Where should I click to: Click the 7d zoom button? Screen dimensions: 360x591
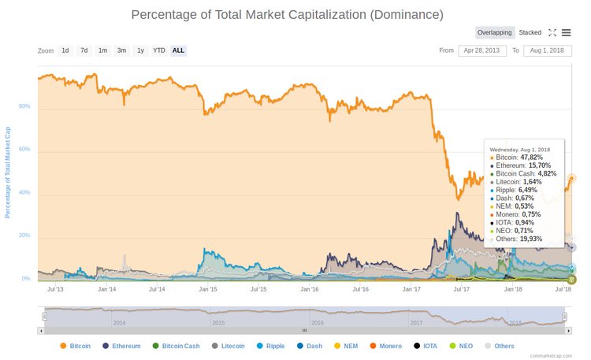[84, 50]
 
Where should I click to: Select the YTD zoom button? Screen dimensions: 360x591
[159, 50]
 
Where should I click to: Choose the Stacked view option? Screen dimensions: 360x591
[530, 32]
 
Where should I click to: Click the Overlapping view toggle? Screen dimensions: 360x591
[495, 32]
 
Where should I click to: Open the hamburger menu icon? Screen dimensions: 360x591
[566, 32]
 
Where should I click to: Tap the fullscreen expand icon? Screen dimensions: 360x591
[552, 32]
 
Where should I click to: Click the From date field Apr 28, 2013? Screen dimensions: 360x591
[481, 50]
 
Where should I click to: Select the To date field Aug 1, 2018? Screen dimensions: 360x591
[546, 50]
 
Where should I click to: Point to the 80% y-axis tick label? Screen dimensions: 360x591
[24, 106]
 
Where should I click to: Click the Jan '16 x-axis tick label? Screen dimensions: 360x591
[310, 289]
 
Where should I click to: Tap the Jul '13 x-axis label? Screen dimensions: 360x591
[56, 289]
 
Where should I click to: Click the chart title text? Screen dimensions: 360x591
[287, 14]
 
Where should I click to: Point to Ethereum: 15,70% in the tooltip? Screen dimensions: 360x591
[522, 165]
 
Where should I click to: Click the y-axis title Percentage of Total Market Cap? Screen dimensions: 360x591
[9, 171]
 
